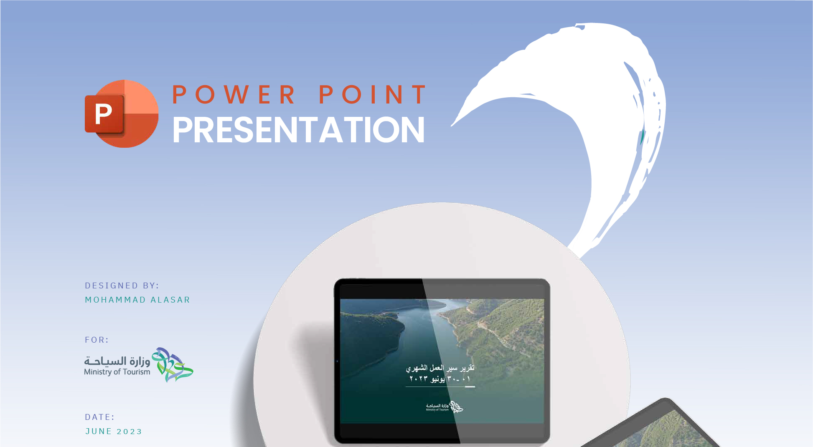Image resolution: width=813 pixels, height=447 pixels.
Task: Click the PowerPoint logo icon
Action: click(x=122, y=114)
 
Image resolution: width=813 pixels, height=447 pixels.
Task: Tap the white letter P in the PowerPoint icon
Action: click(x=104, y=114)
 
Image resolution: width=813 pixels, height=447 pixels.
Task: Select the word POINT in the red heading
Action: click(x=373, y=95)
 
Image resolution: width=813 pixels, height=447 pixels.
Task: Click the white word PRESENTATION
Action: click(x=298, y=130)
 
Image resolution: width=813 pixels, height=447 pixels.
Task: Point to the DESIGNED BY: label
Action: click(x=122, y=286)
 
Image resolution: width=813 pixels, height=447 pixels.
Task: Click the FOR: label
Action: click(x=97, y=340)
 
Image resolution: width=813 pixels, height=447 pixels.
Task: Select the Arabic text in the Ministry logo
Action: click(x=117, y=361)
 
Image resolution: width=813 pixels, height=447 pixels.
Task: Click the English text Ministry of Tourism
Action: click(x=117, y=372)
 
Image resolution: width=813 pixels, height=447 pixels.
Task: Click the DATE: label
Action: click(x=99, y=417)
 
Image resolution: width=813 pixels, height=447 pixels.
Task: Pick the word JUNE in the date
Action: click(x=99, y=432)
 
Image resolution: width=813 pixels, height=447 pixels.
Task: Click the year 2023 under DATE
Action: click(x=129, y=432)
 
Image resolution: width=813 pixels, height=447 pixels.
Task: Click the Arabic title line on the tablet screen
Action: click(x=440, y=368)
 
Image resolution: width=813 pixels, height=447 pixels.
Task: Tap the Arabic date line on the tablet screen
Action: click(x=440, y=379)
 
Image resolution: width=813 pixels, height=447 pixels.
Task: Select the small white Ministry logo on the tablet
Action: click(x=444, y=407)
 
